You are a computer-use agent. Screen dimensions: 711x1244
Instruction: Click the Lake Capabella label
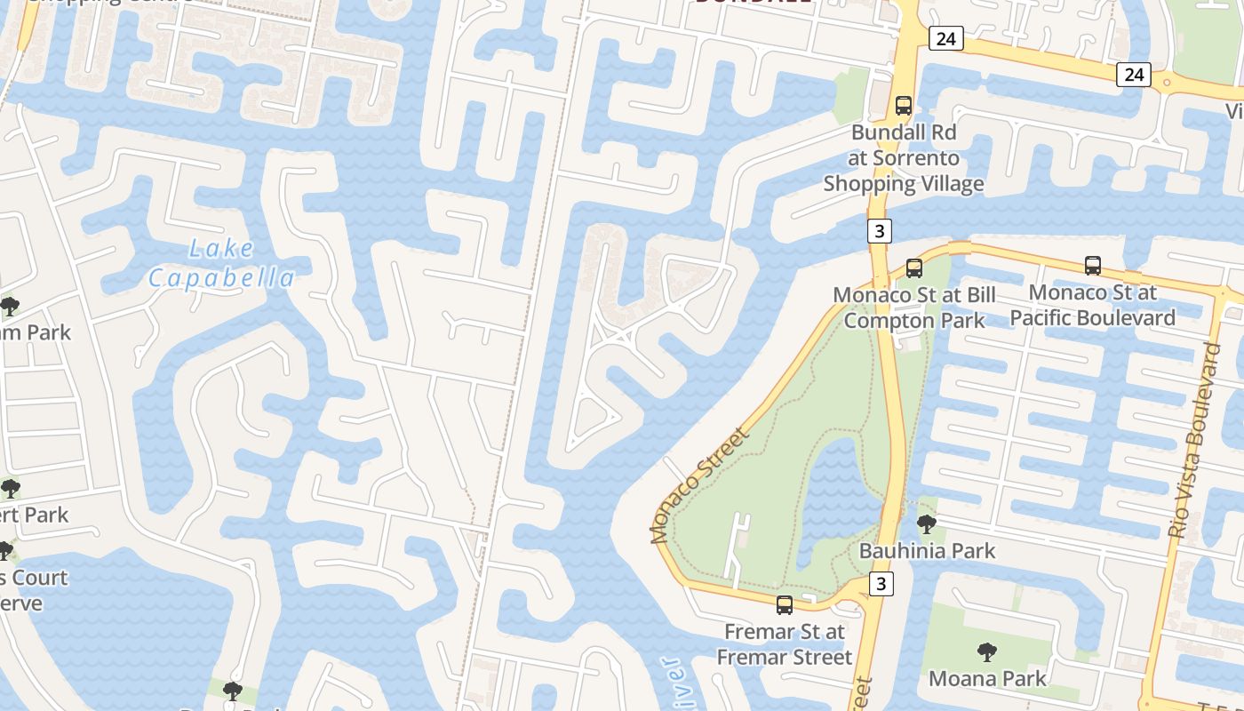tap(221, 263)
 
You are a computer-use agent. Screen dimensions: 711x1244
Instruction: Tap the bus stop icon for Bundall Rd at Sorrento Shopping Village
tap(904, 106)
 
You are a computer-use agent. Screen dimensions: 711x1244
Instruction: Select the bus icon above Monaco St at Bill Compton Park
tap(914, 268)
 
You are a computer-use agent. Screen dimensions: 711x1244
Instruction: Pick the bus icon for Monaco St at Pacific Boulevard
tap(1093, 265)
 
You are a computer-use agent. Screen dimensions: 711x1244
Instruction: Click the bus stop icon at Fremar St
tap(785, 605)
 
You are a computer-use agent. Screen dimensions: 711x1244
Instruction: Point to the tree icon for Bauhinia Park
tap(927, 524)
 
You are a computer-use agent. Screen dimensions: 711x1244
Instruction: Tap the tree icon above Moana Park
tap(986, 652)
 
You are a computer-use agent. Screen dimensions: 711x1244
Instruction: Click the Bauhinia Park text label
tap(927, 551)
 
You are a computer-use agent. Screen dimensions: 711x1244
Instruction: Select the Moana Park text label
tap(987, 679)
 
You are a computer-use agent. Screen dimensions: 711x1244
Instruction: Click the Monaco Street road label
tap(700, 486)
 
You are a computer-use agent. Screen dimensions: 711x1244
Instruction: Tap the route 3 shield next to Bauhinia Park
tap(881, 584)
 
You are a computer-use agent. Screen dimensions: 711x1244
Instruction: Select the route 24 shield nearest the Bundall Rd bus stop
tap(946, 38)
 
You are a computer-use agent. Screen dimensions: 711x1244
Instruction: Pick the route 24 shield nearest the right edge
tap(1134, 75)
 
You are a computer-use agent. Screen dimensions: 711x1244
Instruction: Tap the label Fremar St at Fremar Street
tap(784, 644)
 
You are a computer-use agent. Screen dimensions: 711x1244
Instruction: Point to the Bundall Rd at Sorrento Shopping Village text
tap(904, 158)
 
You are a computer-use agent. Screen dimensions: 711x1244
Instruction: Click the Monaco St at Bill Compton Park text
tap(914, 308)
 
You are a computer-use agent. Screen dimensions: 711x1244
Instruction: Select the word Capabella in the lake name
tap(221, 278)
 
